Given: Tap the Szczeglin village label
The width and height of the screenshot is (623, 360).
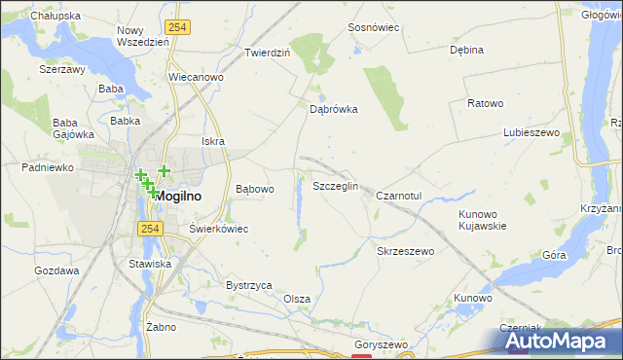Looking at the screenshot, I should [x=335, y=185].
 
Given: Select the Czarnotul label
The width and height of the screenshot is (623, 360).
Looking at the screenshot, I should [x=398, y=196].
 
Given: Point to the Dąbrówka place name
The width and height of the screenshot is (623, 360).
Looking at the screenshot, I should [x=334, y=110].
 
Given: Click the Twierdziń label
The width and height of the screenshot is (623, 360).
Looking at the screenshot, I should [x=268, y=53].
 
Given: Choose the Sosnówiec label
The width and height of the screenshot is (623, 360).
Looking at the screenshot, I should [x=374, y=27].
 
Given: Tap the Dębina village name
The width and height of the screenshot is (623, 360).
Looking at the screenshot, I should [x=466, y=50].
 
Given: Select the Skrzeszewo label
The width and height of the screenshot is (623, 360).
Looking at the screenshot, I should [x=405, y=251].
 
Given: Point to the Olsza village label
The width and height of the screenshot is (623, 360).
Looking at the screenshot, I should [x=297, y=299].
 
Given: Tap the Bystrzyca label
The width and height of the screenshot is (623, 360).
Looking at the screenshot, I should [x=248, y=285].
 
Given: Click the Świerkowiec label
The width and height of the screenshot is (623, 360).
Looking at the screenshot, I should [x=219, y=229].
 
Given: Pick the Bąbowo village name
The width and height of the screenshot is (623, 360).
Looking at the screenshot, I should [x=255, y=189].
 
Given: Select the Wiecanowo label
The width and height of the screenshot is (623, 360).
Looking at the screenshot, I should [x=196, y=76].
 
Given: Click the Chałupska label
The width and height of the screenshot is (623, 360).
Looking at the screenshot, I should [x=55, y=16].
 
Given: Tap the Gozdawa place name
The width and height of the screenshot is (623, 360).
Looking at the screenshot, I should [x=56, y=270].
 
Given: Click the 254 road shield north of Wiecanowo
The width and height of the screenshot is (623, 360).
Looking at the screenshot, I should [x=176, y=28].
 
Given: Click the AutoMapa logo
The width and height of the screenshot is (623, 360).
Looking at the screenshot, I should [x=551, y=341].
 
